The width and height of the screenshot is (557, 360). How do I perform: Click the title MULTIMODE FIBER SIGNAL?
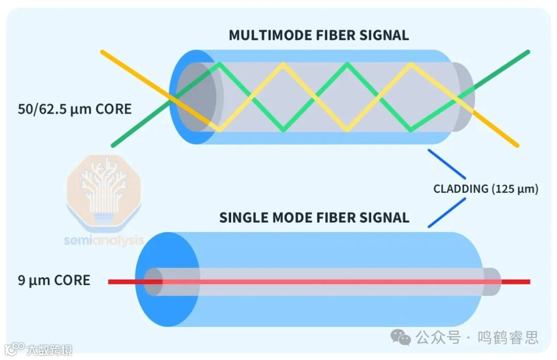(319, 35)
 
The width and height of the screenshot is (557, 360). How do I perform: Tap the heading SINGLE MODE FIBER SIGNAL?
(314, 217)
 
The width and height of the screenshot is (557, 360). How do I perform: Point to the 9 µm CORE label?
(54, 281)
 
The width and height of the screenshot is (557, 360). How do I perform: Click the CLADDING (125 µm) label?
(485, 189)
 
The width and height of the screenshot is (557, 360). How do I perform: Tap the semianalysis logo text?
(103, 240)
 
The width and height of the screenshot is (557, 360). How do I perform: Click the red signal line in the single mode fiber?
(320, 282)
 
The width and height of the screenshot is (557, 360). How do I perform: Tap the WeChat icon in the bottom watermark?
(400, 338)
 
